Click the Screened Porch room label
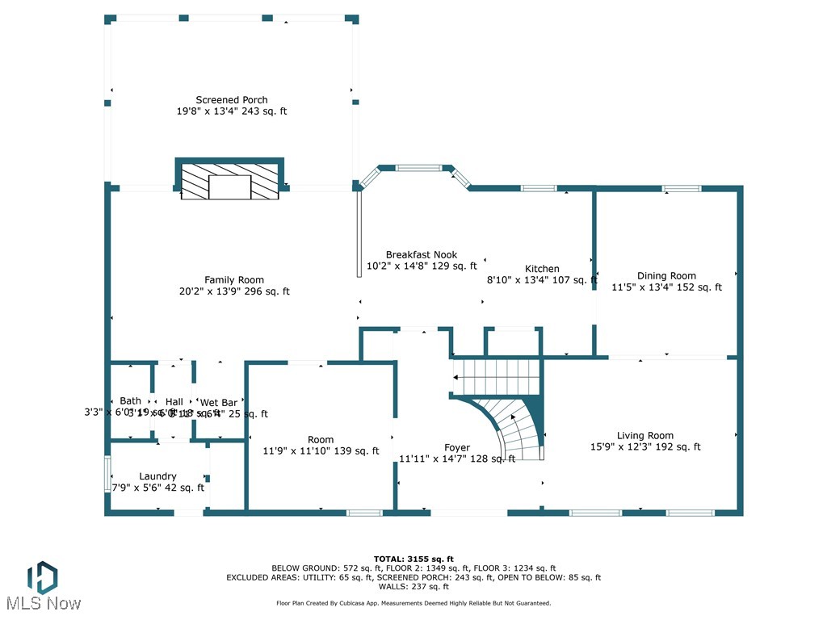[x=232, y=100]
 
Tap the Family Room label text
[x=234, y=280]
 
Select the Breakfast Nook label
[x=422, y=254]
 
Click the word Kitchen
[x=542, y=269]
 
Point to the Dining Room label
[x=666, y=275]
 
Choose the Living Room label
[x=645, y=435]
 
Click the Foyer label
[x=457, y=447]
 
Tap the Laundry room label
[x=157, y=476]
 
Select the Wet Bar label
[x=219, y=402]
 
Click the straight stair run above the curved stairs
[x=494, y=376]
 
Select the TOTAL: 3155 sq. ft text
[x=413, y=559]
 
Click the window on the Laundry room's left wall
[x=107, y=474]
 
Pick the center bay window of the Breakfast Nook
[x=418, y=168]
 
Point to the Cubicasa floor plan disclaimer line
[x=413, y=603]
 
